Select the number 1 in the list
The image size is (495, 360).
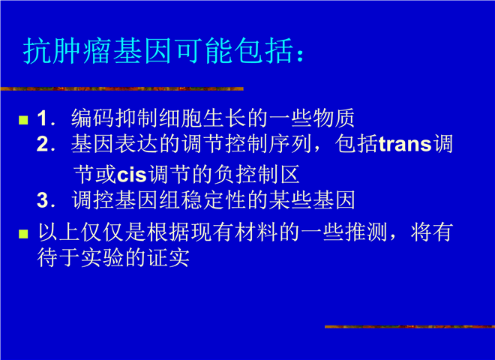click(x=42, y=118)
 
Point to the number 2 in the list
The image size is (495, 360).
click(x=42, y=144)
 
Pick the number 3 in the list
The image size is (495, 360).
click(x=42, y=200)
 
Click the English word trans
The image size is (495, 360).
click(x=405, y=144)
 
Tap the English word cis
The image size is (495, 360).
click(x=132, y=175)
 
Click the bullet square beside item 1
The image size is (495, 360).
click(x=23, y=120)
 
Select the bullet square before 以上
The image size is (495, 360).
click(x=23, y=234)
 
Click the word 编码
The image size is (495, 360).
click(x=92, y=118)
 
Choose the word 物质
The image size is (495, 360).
click(x=334, y=118)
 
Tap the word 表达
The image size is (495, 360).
click(x=136, y=144)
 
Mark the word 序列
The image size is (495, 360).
click(x=291, y=144)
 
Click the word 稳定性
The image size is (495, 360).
click(x=214, y=200)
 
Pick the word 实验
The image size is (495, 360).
click(x=102, y=258)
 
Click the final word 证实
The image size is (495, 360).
click(x=168, y=258)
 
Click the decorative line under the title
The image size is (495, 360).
click(x=121, y=88)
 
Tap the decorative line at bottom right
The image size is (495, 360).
click(x=409, y=326)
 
